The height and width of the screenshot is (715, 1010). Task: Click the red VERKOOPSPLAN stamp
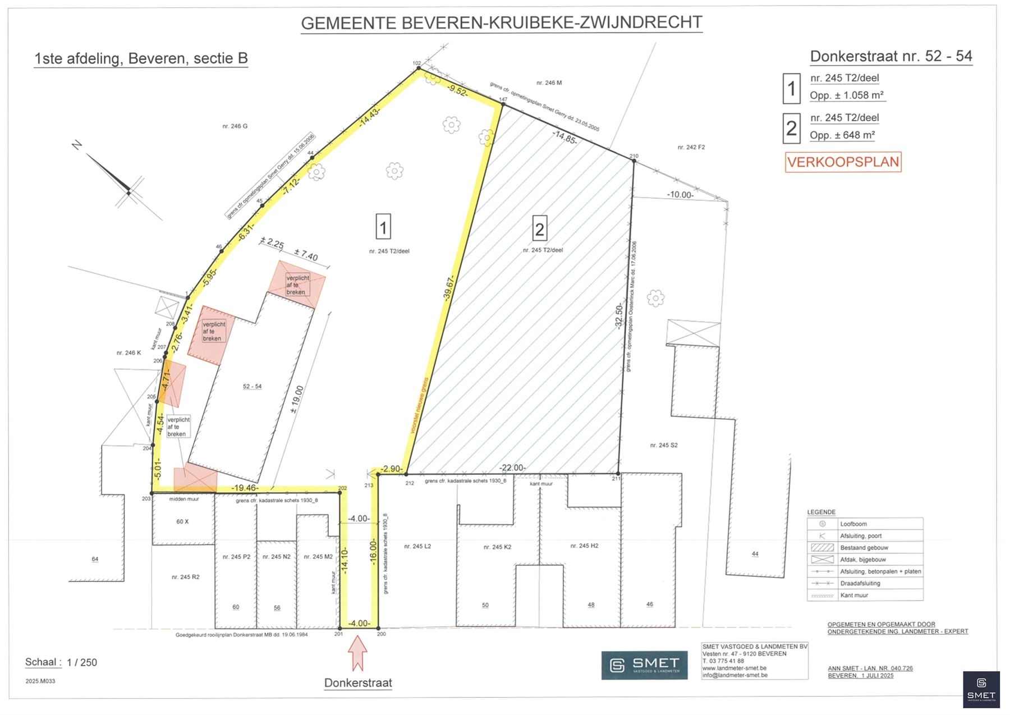pos(843,162)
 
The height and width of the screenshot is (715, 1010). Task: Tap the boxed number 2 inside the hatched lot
pos(539,229)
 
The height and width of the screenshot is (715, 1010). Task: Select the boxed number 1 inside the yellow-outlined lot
pos(383,227)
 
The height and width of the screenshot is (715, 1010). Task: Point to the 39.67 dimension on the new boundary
pos(449,288)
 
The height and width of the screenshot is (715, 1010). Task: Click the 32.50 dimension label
pos(618,316)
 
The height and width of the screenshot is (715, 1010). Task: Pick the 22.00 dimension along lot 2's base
pos(512,467)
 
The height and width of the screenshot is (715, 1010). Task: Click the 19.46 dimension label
pos(245,488)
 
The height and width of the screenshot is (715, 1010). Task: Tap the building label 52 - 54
pos(252,386)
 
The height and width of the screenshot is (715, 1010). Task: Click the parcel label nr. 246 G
pos(235,126)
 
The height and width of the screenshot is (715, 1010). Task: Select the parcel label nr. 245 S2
pos(664,445)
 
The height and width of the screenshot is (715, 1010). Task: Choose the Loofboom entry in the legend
pos(853,524)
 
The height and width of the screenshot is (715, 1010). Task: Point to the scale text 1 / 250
pos(82,663)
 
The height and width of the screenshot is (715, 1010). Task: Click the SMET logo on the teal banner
pos(644,665)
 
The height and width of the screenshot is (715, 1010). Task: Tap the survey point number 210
pos(634,156)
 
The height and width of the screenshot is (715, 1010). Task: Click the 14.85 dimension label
pos(564,137)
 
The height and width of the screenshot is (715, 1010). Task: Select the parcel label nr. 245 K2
pos(497,547)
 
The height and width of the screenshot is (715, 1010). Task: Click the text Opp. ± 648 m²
pos(842,135)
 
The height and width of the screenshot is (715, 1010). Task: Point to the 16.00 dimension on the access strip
pos(373,551)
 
